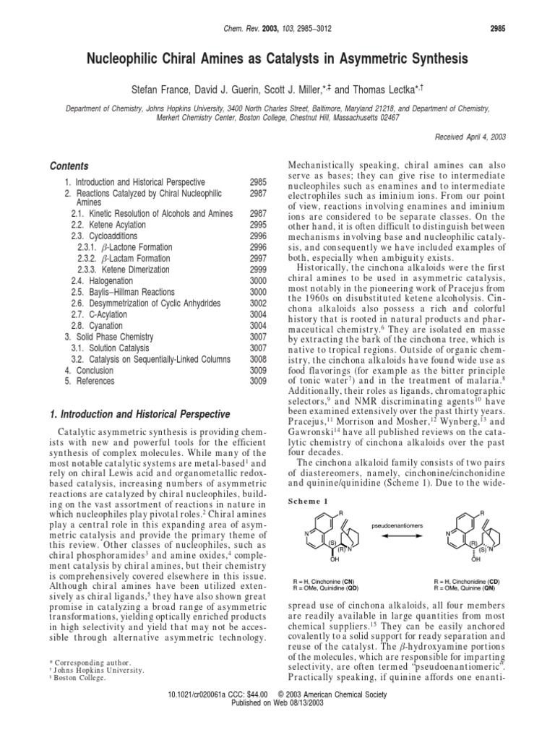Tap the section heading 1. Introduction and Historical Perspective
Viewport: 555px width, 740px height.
coord(138,414)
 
